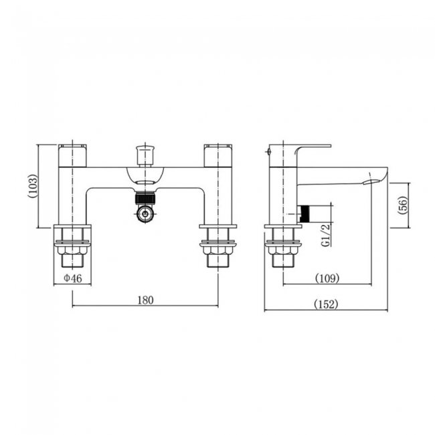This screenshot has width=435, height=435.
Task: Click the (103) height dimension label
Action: coord(33,186)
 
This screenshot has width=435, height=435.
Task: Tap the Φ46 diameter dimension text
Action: coord(73,278)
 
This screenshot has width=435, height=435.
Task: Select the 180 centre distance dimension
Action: coord(145,300)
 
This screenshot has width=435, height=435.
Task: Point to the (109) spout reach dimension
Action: coord(327,278)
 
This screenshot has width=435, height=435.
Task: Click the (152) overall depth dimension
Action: coord(326,304)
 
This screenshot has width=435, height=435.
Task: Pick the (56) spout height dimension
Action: coord(403,205)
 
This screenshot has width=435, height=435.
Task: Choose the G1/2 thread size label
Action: coord(326,235)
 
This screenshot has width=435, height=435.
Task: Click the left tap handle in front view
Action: coord(72,156)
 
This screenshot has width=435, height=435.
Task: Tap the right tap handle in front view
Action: coord(217,156)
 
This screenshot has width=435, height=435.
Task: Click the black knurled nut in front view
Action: coord(145,199)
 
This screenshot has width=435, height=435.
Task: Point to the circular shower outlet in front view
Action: coord(145,214)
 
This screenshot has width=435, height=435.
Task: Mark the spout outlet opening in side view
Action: coord(370,182)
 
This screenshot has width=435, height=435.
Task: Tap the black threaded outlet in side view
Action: coord(305,214)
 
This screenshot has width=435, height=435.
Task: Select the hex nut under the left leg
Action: coord(72,250)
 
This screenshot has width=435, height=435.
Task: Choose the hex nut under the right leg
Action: coord(217,250)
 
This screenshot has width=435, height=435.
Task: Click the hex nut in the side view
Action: coord(282,250)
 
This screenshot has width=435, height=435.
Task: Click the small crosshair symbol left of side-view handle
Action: coord(268,151)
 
